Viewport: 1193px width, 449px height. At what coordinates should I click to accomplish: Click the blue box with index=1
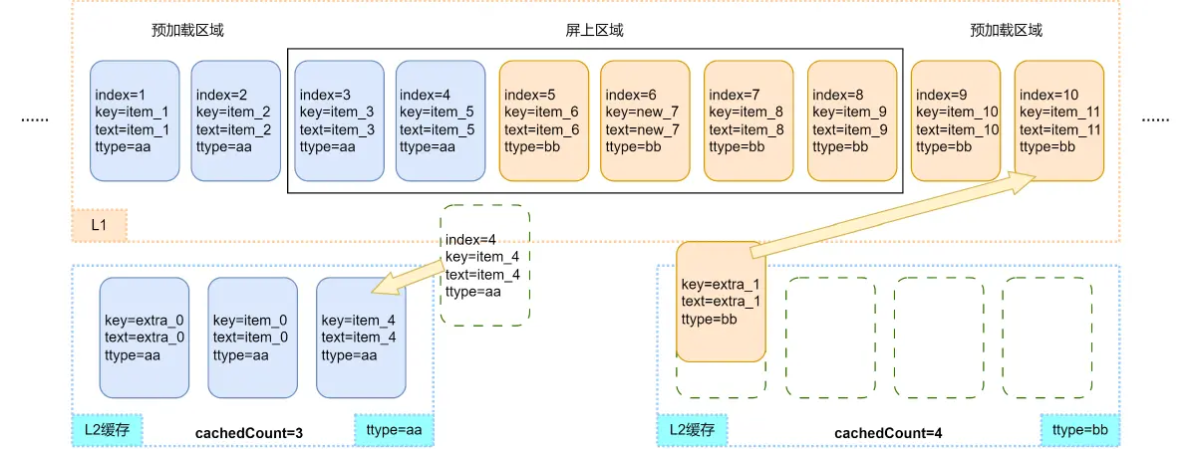click(135, 120)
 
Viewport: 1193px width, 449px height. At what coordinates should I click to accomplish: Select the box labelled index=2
click(235, 120)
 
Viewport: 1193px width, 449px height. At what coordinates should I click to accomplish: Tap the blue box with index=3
click(339, 120)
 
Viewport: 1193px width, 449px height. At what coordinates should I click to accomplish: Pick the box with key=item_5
click(440, 120)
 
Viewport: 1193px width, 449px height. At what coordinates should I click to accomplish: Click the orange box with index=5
click(543, 120)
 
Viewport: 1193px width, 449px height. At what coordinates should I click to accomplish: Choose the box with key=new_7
click(645, 120)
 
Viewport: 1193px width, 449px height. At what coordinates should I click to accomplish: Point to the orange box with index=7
click(748, 120)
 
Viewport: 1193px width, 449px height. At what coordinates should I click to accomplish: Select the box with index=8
click(852, 120)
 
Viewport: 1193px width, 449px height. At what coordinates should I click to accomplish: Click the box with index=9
click(956, 120)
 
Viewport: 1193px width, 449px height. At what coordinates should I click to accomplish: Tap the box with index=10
click(1058, 120)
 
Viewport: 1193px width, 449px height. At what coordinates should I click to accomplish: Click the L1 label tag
click(99, 226)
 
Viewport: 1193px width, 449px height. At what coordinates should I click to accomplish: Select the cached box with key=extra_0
click(145, 337)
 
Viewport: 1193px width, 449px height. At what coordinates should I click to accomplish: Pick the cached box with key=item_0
click(252, 337)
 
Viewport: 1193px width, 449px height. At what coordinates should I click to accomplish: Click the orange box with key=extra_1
click(721, 301)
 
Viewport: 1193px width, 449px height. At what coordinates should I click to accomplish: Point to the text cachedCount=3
click(250, 433)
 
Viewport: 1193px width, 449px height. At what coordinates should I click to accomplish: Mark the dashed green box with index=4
click(485, 265)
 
